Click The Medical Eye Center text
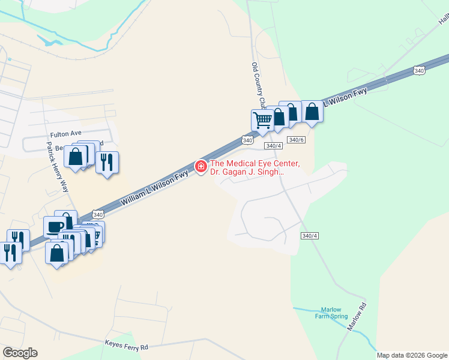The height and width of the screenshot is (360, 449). tap(254, 164)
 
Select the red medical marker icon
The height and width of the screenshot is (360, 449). tap(200, 166)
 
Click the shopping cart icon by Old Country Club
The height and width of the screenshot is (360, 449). tap(262, 121)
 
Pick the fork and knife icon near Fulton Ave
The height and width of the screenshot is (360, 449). tap(107, 162)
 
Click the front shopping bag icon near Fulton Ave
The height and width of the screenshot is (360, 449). tap(76, 157)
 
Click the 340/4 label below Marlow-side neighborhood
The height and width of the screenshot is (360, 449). tap(310, 236)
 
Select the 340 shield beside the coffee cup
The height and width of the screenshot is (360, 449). tap(98, 215)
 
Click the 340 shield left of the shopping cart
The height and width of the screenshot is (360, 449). tap(247, 140)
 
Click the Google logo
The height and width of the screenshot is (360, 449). tap(20, 353)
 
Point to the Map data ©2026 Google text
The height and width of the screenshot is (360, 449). tap(412, 355)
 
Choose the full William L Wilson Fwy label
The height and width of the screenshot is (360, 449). tap(154, 189)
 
